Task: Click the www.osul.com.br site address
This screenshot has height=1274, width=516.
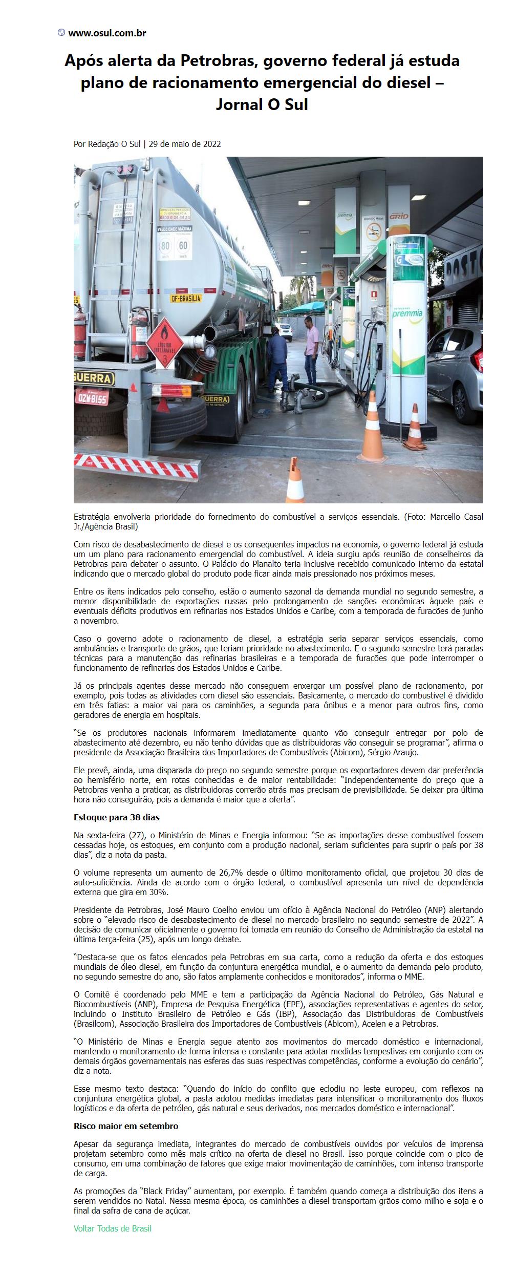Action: tap(107, 33)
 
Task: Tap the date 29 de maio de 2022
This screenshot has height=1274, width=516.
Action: tap(185, 144)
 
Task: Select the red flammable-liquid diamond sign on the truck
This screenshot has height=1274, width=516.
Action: tap(165, 343)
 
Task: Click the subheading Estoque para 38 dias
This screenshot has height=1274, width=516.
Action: tap(117, 817)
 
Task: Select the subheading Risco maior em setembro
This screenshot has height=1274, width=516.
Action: tap(126, 1127)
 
